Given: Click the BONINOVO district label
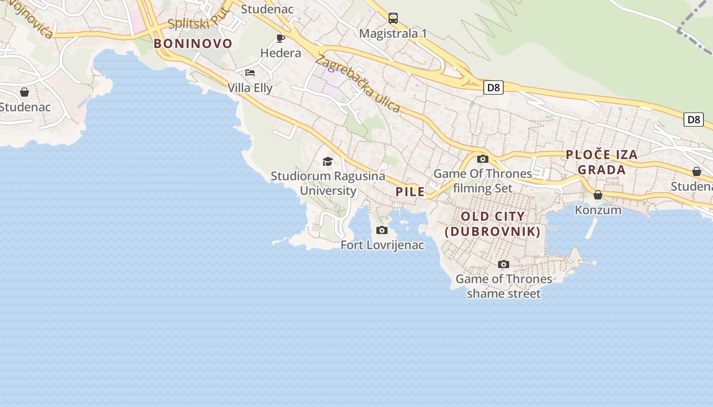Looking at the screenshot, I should (193, 44).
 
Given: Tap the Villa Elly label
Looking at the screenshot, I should (250, 88).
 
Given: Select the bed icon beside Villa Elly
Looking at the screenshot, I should (250, 73).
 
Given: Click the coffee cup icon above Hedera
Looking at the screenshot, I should (280, 38).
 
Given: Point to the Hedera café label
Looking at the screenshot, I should (281, 53).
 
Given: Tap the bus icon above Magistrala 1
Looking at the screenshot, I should (393, 18).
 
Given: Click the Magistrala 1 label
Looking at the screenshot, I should (393, 34).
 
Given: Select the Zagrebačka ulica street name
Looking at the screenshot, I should (358, 83).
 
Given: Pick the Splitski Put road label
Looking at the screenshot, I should (198, 20).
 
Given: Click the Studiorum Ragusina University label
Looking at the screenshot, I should (328, 183).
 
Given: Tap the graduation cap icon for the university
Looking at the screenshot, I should (328, 162).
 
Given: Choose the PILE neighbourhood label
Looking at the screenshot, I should (410, 192).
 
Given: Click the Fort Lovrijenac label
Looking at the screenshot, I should (382, 245).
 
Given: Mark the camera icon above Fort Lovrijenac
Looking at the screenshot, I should (382, 230).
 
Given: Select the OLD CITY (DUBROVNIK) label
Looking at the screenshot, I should (492, 224).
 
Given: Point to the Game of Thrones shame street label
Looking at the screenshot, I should (504, 286).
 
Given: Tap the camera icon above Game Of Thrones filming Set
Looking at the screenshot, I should (483, 159).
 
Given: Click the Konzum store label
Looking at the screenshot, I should (598, 210).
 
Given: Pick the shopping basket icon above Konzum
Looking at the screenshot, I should (598, 195).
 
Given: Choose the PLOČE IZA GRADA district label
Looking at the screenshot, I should (602, 162).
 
